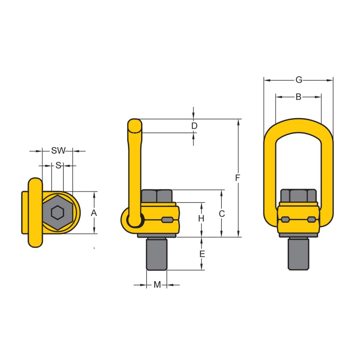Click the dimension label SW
click(58, 151)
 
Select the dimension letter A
click(94, 213)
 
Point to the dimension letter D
click(194, 126)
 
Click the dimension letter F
click(237, 177)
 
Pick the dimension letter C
click(222, 213)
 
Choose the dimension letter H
click(202, 218)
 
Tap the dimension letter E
click(202, 254)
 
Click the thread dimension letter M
click(157, 285)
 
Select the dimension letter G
click(298, 80)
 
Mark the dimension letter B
click(298, 97)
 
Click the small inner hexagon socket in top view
click(57, 213)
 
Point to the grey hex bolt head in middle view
click(157, 196)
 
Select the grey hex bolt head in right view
click(298, 196)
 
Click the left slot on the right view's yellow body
click(285, 219)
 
